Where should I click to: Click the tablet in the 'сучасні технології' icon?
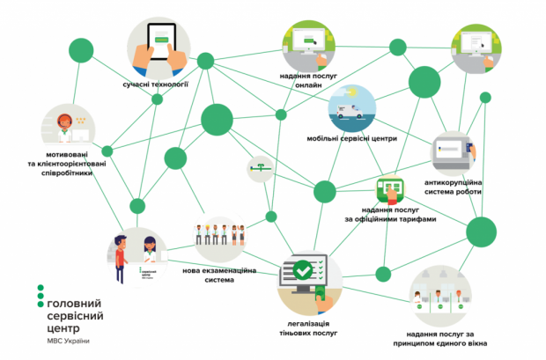(x=159, y=37)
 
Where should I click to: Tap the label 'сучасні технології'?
(x=157, y=85)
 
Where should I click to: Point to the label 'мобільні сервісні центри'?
(x=352, y=138)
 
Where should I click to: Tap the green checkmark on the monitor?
(x=302, y=268)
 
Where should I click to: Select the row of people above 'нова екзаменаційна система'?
(x=220, y=234)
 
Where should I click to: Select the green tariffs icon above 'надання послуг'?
(x=389, y=188)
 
